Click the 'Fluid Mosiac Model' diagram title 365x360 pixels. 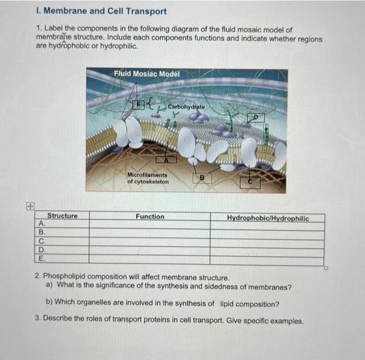click(x=147, y=74)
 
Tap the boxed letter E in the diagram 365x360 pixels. click(x=139, y=104)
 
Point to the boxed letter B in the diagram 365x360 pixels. click(x=204, y=178)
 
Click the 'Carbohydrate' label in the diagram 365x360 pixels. click(x=187, y=107)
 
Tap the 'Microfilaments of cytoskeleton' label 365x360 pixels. click(x=148, y=178)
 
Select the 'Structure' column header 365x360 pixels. click(x=63, y=216)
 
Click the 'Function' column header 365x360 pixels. click(x=150, y=217)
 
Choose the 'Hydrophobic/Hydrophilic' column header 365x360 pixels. click(x=267, y=218)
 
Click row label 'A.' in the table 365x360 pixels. click(x=42, y=224)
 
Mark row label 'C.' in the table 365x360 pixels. click(x=42, y=242)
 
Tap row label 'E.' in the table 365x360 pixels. click(x=42, y=258)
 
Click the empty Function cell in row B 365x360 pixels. click(x=150, y=233)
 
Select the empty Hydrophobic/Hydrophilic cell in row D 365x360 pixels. click(x=267, y=250)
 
